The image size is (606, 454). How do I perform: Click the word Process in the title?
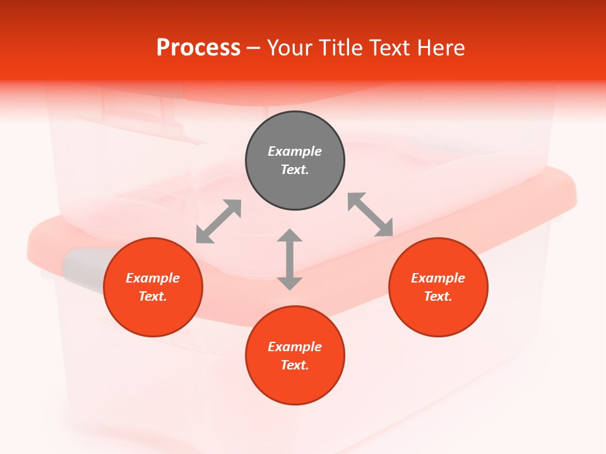198,48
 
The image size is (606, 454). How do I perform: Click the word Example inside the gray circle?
295,151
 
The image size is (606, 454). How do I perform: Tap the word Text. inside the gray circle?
295,170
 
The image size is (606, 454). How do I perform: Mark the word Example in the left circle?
153,278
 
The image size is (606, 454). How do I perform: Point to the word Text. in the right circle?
438,296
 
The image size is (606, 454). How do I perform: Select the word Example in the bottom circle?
295,347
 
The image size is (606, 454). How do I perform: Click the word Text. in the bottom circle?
295,365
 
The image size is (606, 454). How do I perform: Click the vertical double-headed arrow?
290,260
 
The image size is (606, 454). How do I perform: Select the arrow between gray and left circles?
218,221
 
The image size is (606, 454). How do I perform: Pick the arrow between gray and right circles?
371,214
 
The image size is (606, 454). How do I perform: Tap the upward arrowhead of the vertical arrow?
290,236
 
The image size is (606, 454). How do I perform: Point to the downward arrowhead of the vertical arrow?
290,283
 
